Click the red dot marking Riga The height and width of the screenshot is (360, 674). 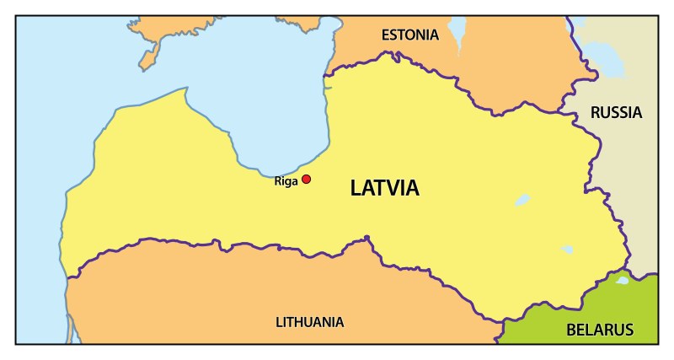tap(307, 179)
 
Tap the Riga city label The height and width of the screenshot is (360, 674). tap(286, 180)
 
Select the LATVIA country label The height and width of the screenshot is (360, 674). tap(384, 189)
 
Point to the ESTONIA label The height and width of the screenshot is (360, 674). tap(410, 35)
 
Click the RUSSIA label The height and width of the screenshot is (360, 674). tap(616, 112)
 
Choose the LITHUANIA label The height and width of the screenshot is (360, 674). tap(309, 322)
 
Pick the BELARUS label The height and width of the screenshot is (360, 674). tap(599, 330)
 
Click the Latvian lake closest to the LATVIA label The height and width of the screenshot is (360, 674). tap(522, 201)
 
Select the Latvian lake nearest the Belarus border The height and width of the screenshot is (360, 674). tap(567, 250)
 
